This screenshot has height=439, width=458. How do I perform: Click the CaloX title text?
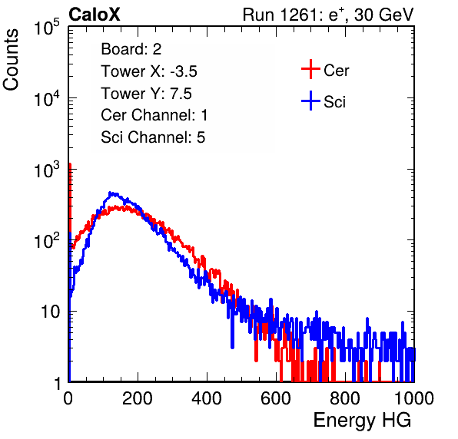[x=95, y=15]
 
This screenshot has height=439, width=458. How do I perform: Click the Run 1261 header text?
[x=328, y=15]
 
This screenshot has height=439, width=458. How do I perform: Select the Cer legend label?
[x=336, y=71]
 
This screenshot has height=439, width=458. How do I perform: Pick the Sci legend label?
[x=335, y=102]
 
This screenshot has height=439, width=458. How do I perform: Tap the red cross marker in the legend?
[x=310, y=69]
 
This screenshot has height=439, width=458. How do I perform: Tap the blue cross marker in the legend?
[x=310, y=101]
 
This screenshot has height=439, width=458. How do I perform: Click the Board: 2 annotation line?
[x=131, y=49]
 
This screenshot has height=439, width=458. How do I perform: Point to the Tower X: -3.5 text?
[x=149, y=71]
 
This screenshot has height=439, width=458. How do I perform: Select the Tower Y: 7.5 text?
[x=146, y=94]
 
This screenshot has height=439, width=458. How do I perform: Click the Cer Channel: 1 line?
[x=154, y=115]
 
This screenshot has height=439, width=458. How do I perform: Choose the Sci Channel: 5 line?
[x=153, y=137]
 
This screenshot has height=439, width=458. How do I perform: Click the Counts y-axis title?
[x=11, y=60]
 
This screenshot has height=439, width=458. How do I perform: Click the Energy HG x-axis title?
[x=362, y=421]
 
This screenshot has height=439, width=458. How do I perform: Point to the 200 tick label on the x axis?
[x=138, y=398]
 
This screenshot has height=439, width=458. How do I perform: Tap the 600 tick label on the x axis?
[x=276, y=398]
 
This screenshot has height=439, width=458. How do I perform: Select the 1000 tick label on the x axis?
[x=414, y=398]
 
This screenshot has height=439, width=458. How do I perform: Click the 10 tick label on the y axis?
[x=50, y=312]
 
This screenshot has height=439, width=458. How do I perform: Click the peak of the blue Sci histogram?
[x=110, y=193]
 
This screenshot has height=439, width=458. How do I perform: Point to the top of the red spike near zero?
[x=70, y=164]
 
